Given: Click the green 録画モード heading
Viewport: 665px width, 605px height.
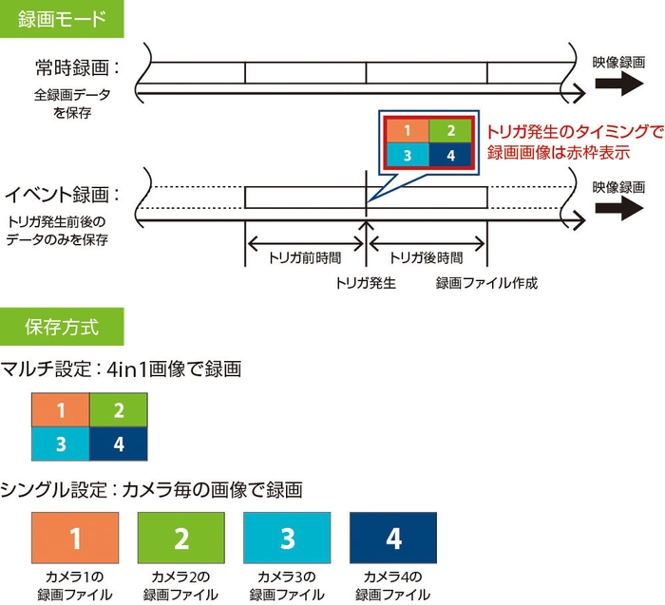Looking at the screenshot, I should [61, 19].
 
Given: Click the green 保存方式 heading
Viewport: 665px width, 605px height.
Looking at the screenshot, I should [61, 328].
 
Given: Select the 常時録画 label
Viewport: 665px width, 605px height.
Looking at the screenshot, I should [76, 68].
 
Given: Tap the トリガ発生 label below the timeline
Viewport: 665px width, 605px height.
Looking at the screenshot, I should [366, 282].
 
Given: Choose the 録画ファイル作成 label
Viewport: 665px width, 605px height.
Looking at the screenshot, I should [486, 282].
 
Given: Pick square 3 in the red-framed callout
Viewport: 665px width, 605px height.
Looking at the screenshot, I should [407, 155].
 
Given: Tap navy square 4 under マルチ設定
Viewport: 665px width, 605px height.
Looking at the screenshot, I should [118, 444].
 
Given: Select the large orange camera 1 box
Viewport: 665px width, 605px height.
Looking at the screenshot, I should [75, 539].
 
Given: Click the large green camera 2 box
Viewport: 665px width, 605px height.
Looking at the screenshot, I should [181, 539].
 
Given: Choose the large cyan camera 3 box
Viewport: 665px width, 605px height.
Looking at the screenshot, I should [288, 539].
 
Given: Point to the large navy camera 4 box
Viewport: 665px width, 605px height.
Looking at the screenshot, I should [394, 539].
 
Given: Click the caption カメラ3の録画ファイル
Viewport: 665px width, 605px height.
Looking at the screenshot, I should [288, 586].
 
